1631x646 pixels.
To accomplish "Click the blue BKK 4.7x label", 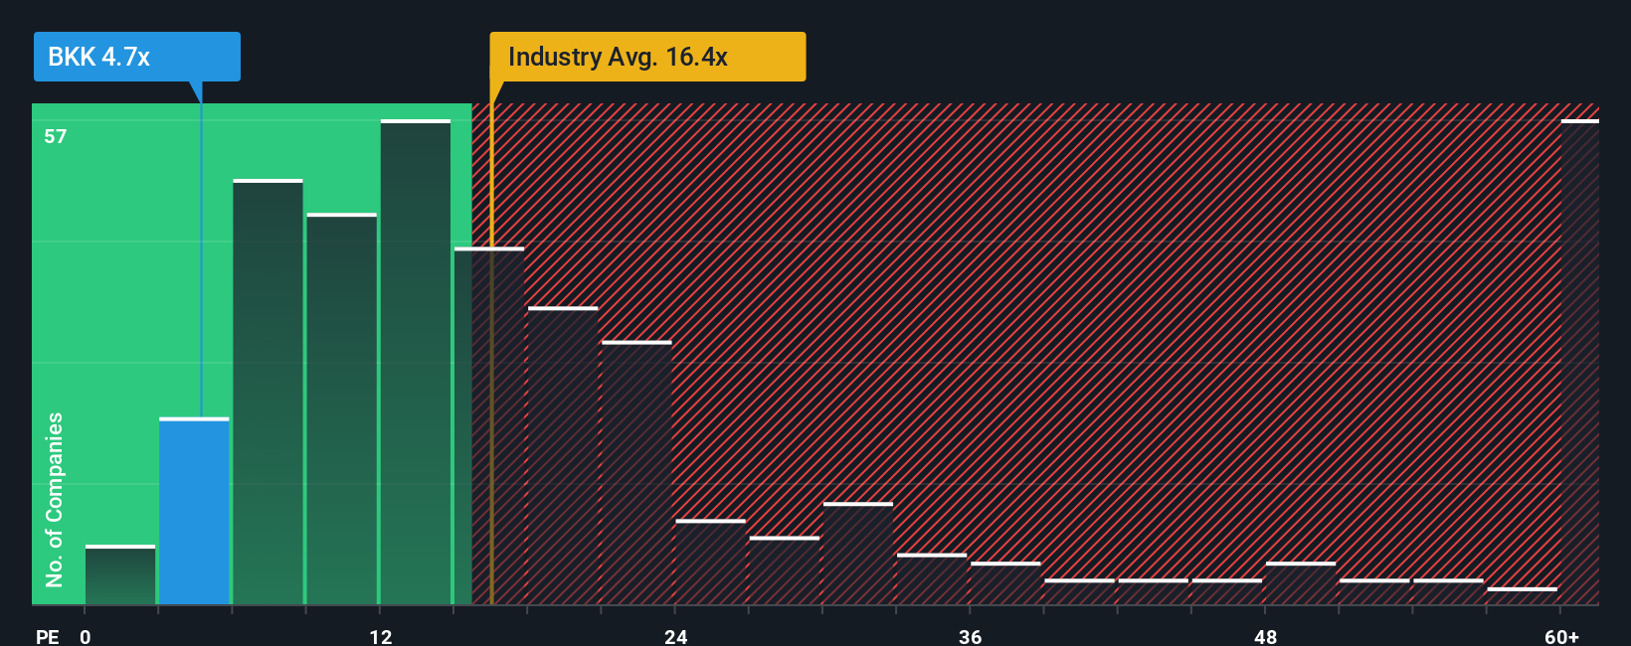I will pyautogui.click(x=136, y=57).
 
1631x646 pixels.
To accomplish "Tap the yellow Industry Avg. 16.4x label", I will pyautogui.click(x=647, y=57).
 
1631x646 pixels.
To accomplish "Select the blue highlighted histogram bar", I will pyautogui.click(x=194, y=512).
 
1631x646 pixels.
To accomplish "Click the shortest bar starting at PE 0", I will pyautogui.click(x=120, y=575).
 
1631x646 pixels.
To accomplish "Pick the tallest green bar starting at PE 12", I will pyautogui.click(x=416, y=363).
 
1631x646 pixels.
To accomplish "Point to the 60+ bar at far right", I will pyautogui.click(x=1579, y=363).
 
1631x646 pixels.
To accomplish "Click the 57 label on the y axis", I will pyautogui.click(x=56, y=136).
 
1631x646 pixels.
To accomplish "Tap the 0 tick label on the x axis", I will pyautogui.click(x=86, y=637).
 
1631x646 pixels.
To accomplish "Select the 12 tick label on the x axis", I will pyautogui.click(x=381, y=637).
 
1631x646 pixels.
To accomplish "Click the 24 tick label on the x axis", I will pyautogui.click(x=675, y=637).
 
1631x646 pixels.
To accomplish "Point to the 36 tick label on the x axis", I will pyautogui.click(x=971, y=637).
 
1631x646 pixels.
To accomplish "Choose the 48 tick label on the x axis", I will pyautogui.click(x=1265, y=637).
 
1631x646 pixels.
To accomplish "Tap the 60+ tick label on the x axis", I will pyautogui.click(x=1561, y=637).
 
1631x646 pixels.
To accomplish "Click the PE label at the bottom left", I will pyautogui.click(x=47, y=637).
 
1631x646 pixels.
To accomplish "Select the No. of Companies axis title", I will pyautogui.click(x=55, y=499).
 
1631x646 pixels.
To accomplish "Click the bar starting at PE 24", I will pyautogui.click(x=710, y=563).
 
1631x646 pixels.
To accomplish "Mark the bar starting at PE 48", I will pyautogui.click(x=1301, y=584).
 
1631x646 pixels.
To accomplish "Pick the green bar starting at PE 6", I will pyautogui.click(x=268, y=393).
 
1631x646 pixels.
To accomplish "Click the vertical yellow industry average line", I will pyautogui.click(x=491, y=398).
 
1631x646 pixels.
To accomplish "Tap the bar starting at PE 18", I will pyautogui.click(x=563, y=456).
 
